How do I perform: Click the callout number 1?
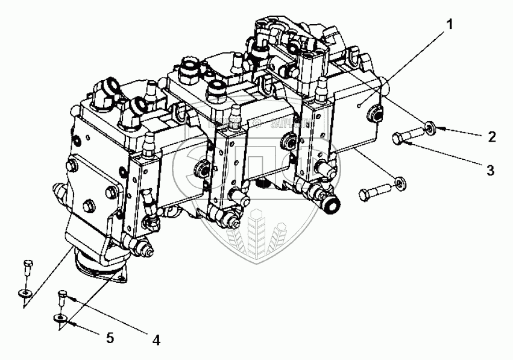click(448, 25)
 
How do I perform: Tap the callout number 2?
click(492, 137)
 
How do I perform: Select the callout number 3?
click(490, 170)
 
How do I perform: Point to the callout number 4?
click(156, 339)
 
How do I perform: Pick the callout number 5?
click(109, 338)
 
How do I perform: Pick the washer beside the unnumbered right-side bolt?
click(398, 181)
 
